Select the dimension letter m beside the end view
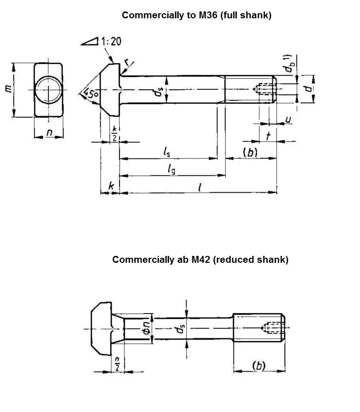tap(7, 88)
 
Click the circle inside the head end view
tap(48, 89)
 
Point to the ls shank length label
tap(168, 151)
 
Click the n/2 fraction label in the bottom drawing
tap(117, 364)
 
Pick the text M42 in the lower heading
tap(200, 260)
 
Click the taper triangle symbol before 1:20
tap(90, 42)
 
